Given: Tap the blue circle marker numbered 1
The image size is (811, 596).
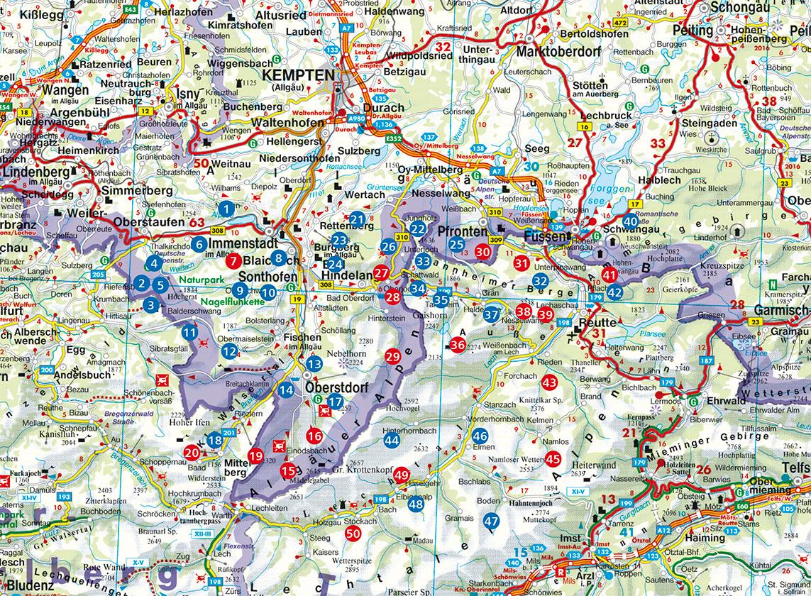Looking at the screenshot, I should point(226,209).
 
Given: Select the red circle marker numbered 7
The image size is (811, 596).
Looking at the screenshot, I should point(232,261).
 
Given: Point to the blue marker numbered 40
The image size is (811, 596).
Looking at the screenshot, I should point(631,221).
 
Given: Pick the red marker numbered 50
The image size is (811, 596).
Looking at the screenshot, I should point(353,534).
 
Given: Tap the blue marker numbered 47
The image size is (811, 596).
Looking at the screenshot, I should point(491,520).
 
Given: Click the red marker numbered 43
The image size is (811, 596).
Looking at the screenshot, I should point(549,382).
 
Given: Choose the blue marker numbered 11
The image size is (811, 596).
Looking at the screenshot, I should point(189,332).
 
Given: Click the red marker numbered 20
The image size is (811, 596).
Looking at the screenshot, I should point(192,451).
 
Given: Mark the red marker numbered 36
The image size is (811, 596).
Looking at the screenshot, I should point(458,345).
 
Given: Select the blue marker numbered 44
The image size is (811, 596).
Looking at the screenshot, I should point(392,440).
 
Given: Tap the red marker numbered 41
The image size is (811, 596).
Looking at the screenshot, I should point(609,275).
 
